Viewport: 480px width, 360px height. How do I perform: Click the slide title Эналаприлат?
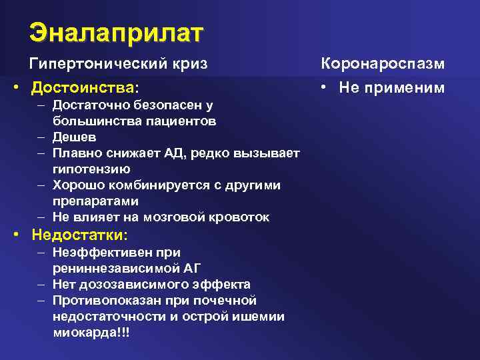[117, 32]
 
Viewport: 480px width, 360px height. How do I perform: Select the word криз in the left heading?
[192, 64]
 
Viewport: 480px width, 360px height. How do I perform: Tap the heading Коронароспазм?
[383, 64]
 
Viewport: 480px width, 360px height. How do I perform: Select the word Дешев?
[74, 137]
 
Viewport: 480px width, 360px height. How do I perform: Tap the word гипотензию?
[91, 169]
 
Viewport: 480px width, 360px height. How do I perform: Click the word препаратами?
[96, 201]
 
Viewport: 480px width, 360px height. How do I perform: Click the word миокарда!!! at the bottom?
[91, 332]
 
